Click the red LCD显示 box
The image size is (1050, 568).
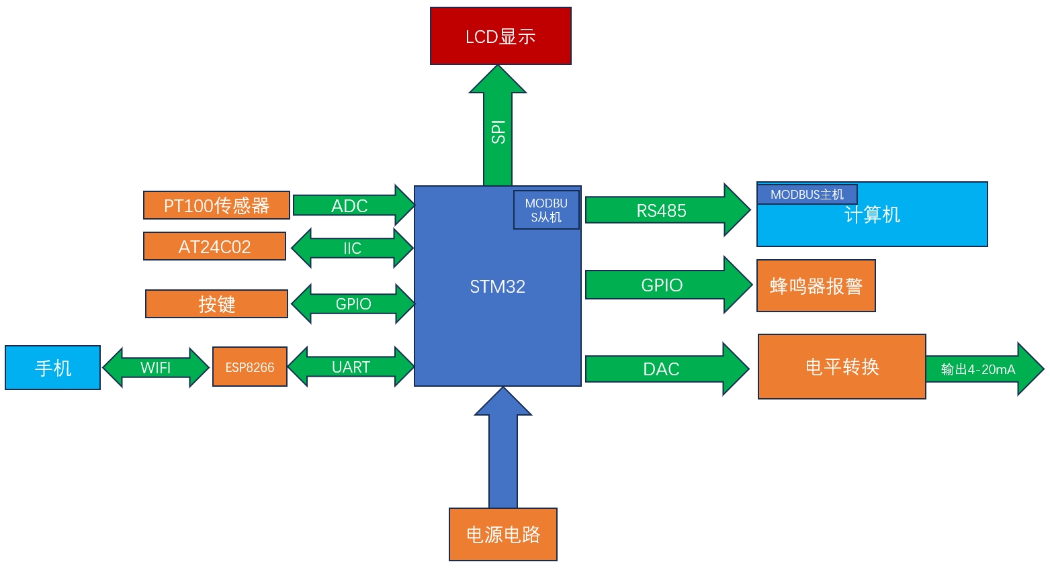click(500, 36)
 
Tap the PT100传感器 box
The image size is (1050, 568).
click(216, 205)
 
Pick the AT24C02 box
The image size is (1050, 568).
click(214, 246)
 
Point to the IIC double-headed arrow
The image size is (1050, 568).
click(352, 248)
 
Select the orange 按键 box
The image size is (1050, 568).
click(216, 304)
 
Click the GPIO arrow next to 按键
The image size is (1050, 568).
click(353, 304)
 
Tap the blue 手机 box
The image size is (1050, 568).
click(52, 368)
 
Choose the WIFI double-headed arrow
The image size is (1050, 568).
click(155, 368)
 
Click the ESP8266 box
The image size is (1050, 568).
click(249, 367)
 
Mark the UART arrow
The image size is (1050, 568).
click(351, 367)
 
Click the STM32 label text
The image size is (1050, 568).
click(497, 287)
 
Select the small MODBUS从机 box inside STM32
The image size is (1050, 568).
click(546, 210)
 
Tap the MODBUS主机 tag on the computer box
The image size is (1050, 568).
click(807, 195)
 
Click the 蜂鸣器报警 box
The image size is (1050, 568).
click(816, 287)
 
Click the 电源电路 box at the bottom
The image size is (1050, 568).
click(503, 534)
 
